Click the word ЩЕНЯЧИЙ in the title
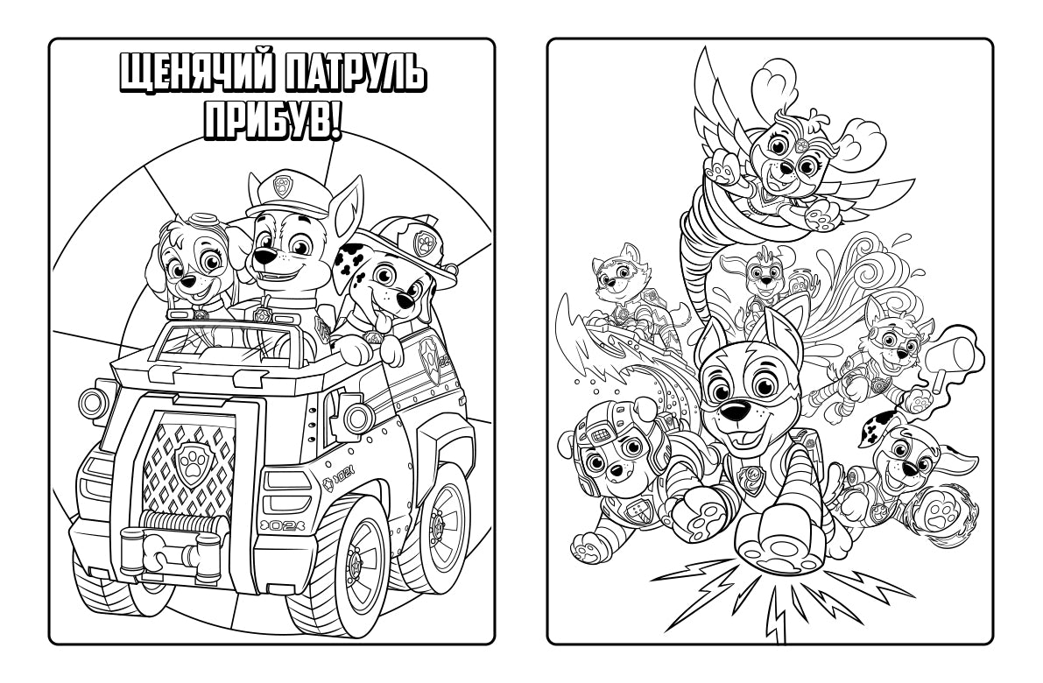pos(196,73)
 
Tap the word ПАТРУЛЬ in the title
pos(354,73)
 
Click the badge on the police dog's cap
pos(285,184)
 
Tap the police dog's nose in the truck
pos(264,256)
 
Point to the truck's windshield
pos(223,343)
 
